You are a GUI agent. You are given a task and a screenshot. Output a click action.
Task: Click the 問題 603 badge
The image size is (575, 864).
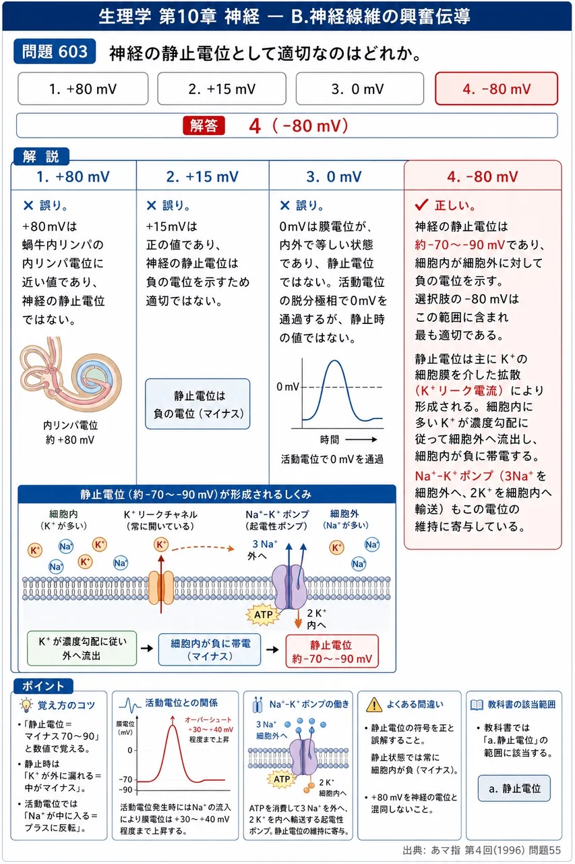[x=55, y=51]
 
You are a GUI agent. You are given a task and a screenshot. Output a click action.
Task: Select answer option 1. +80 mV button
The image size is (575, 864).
[x=83, y=88]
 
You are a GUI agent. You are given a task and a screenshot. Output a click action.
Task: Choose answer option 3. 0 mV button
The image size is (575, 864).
[x=359, y=88]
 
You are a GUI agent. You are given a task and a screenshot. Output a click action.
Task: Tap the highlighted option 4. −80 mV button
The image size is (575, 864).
[x=496, y=88]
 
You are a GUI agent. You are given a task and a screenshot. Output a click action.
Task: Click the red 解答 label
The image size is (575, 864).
[x=204, y=126]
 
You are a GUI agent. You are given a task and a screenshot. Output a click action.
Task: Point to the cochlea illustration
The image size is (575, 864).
[x=71, y=374]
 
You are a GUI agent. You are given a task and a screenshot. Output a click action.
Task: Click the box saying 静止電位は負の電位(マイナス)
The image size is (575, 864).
[x=198, y=404]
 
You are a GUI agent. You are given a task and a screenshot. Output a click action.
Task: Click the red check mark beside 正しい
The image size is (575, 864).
[x=422, y=205]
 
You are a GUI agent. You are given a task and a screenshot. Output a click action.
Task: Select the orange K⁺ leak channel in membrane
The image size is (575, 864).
[x=161, y=588]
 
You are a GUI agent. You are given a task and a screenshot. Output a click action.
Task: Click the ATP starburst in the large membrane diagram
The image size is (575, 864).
[x=264, y=614]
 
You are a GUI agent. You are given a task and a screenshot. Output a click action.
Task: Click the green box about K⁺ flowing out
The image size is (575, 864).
[x=82, y=649]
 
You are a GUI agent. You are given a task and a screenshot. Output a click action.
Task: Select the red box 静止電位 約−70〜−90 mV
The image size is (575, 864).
[x=332, y=651]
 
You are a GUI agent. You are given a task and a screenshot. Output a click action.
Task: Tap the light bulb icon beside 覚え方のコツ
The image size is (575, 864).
[x=26, y=705]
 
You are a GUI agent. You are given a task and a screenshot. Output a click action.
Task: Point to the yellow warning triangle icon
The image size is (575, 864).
[x=374, y=705]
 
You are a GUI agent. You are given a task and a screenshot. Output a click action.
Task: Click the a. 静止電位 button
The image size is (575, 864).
[x=514, y=788]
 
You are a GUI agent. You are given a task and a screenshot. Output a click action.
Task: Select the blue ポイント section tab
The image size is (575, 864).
[x=43, y=686]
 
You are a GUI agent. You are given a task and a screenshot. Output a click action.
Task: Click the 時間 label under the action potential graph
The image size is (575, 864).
[x=330, y=439]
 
